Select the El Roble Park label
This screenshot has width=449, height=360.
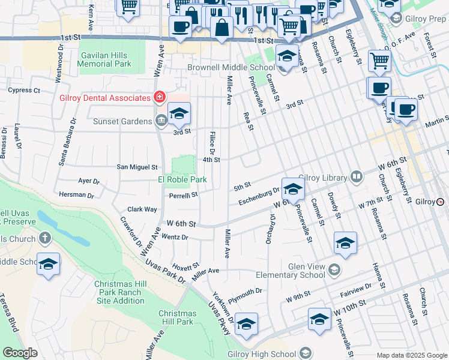[x=182, y=179]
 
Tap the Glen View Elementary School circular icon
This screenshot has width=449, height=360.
[x=334, y=273]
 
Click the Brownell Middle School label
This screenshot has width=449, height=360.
[x=231, y=68]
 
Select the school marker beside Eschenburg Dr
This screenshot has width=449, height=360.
[x=292, y=189]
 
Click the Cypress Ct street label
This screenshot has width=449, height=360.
[x=23, y=91]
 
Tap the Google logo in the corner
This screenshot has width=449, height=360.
[x=20, y=353]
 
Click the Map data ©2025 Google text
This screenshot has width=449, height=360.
[x=411, y=355]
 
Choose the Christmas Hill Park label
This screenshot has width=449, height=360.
[x=177, y=317]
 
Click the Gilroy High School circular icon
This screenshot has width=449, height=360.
[x=306, y=353]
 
